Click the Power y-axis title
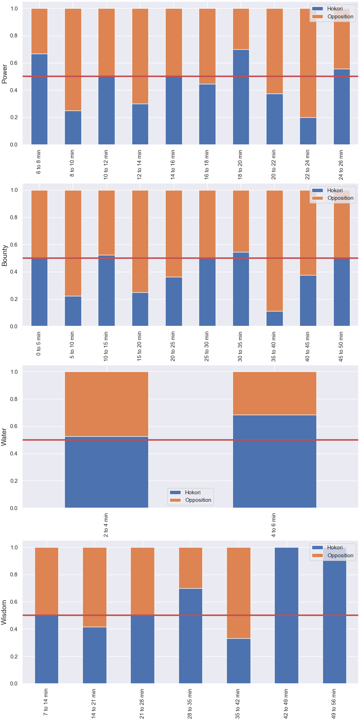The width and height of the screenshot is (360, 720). (x=5, y=74)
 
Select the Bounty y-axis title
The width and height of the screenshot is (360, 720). (x=5, y=256)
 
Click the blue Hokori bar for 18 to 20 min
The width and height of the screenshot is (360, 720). (x=241, y=97)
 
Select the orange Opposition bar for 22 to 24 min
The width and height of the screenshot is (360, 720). (x=308, y=63)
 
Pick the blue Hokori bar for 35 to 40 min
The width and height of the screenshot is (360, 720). (x=275, y=319)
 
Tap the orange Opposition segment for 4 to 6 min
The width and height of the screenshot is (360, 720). (x=275, y=393)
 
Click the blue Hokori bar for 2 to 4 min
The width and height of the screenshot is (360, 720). (x=107, y=472)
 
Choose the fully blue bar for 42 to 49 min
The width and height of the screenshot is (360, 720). (x=287, y=615)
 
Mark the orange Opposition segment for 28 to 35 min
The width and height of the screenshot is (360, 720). (x=190, y=568)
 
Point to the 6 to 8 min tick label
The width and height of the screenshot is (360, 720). (x=39, y=162)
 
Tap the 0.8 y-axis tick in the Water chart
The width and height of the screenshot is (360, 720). (x=14, y=399)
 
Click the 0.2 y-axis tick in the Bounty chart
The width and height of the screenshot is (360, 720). (x=14, y=299)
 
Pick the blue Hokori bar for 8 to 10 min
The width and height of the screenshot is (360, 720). (x=73, y=128)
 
